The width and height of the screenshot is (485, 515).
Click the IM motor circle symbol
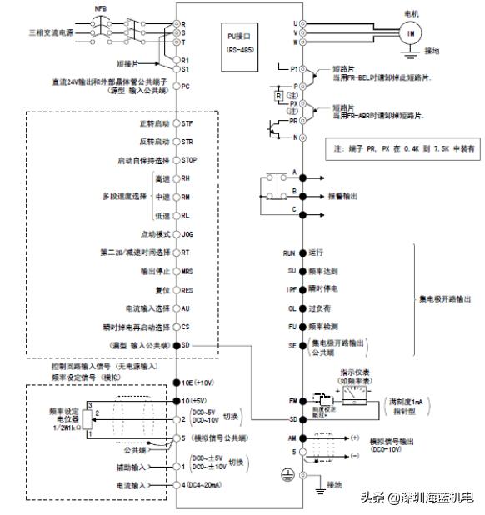click(x=409, y=32)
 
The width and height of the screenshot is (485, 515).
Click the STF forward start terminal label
click(x=187, y=123)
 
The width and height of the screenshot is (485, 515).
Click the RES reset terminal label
click(x=187, y=289)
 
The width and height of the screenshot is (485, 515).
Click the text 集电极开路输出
click(x=447, y=297)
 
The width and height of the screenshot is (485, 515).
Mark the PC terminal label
click(x=187, y=87)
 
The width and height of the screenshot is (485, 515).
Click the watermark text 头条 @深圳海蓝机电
click(x=416, y=497)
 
